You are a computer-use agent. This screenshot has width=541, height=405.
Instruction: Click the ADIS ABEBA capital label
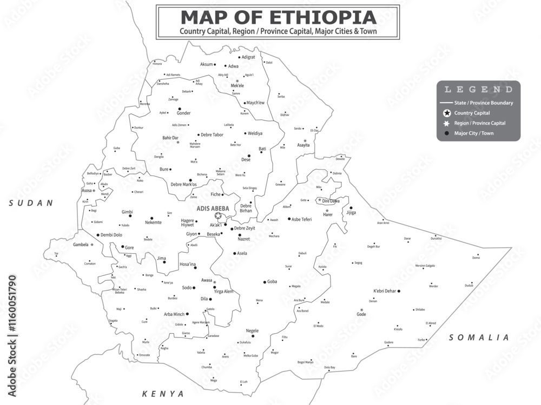pyautogui.click(x=213, y=208)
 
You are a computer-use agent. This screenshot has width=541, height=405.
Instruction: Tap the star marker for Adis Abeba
pyautogui.click(x=218, y=215)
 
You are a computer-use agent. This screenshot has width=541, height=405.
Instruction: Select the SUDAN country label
pyautogui.click(x=31, y=203)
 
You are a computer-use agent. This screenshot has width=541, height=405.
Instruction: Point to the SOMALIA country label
pyautogui.click(x=479, y=337)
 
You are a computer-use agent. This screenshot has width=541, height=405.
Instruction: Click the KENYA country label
pyautogui.click(x=163, y=394)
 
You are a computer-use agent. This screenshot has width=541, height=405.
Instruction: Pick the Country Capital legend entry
pyautogui.click(x=472, y=113)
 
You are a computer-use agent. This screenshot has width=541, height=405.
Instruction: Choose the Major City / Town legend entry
pyautogui.click(x=473, y=133)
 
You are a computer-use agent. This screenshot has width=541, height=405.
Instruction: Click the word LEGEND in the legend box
pyautogui.click(x=478, y=90)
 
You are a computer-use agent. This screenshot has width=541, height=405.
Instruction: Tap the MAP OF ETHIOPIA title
pyautogui.click(x=278, y=17)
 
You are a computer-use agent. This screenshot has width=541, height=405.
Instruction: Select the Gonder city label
pyautogui.click(x=183, y=113)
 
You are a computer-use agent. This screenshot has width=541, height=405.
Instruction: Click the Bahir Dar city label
pyautogui.click(x=170, y=138)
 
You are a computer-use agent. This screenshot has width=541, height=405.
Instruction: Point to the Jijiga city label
pyautogui.click(x=351, y=213)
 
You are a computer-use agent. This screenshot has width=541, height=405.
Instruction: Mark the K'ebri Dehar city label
pyautogui.click(x=384, y=291)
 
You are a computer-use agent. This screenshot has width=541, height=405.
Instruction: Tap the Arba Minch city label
pyautogui.click(x=174, y=314)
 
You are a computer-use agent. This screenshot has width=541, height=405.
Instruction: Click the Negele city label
pyautogui.click(x=252, y=330)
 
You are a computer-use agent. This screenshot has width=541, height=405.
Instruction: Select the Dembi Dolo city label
pyautogui.click(x=111, y=235)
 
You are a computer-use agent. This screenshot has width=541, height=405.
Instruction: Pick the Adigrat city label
pyautogui.click(x=248, y=57)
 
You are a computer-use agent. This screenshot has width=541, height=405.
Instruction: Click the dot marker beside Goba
pyautogui.click(x=264, y=282)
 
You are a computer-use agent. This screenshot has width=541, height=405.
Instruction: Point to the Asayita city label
pyautogui.click(x=304, y=145)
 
